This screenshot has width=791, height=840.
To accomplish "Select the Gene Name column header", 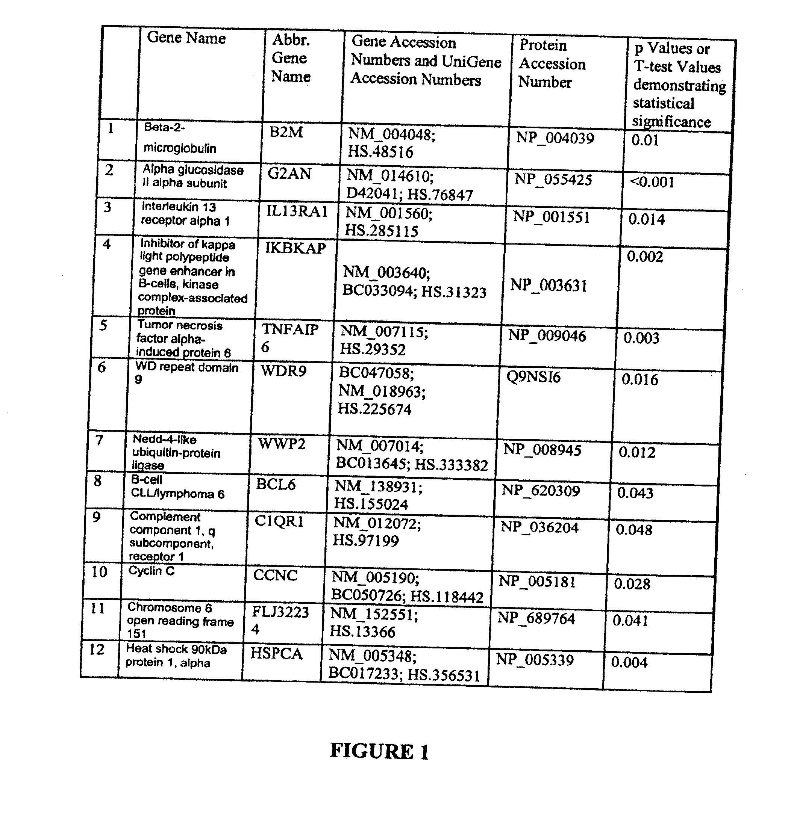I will coord(186,38).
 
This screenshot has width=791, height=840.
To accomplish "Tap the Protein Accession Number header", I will coord(552,63).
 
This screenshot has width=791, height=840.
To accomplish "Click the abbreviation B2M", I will coord(286,132).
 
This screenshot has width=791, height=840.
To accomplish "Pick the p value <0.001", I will coord(652,182).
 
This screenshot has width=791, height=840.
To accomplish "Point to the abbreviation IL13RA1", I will coord(297,211).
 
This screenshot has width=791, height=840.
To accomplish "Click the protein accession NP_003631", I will coord(549,286).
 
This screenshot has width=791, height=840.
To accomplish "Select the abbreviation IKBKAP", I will coord(295,248).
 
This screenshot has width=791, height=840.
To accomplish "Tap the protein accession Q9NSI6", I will coord(533,376).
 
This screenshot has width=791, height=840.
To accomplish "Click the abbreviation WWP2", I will coord(282,444).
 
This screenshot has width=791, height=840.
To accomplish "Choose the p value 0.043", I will coord(635,493).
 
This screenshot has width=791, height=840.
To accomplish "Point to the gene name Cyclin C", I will coord(152,571).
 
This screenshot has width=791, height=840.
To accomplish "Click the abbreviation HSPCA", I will coord(276,654).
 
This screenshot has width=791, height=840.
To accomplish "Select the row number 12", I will coord(97,649).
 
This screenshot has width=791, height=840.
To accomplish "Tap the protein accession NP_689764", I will coord(536,619).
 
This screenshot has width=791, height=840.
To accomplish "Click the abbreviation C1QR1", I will coord(279,522).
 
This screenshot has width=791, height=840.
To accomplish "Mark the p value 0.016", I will coord(639,379).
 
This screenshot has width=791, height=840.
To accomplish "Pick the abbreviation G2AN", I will coord(289,174).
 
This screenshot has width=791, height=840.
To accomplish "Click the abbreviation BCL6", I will coord(276,484).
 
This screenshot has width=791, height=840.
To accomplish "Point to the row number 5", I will coord(103,325).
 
